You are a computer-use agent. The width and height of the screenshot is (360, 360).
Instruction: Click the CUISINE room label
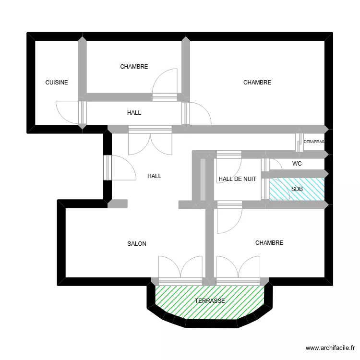[x=57, y=83]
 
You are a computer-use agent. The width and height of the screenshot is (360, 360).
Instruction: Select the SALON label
[x=137, y=244]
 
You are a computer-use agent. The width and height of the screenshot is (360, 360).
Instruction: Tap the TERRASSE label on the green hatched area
[x=210, y=301]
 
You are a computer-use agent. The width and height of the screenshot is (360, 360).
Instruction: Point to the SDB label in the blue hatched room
[x=297, y=189]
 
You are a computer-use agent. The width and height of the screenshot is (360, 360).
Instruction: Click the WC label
[x=297, y=164]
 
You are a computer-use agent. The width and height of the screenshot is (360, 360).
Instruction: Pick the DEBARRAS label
[x=314, y=142]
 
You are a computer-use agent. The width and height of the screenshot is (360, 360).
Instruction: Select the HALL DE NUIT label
[x=237, y=179]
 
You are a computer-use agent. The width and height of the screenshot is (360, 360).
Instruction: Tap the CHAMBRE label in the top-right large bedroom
[x=257, y=83]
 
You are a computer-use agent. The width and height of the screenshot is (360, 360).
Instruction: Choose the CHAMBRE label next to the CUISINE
[x=134, y=67]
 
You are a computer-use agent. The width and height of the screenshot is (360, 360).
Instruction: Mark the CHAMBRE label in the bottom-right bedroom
[x=269, y=243]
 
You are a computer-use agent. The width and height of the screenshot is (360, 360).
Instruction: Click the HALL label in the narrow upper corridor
[x=134, y=113]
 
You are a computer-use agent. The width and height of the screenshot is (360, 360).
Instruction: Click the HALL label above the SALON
[x=154, y=176]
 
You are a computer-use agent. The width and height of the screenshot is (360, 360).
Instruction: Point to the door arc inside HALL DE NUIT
[x=228, y=166]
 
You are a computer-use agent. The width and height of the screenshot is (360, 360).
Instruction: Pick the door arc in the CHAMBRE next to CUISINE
[x=165, y=82]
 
